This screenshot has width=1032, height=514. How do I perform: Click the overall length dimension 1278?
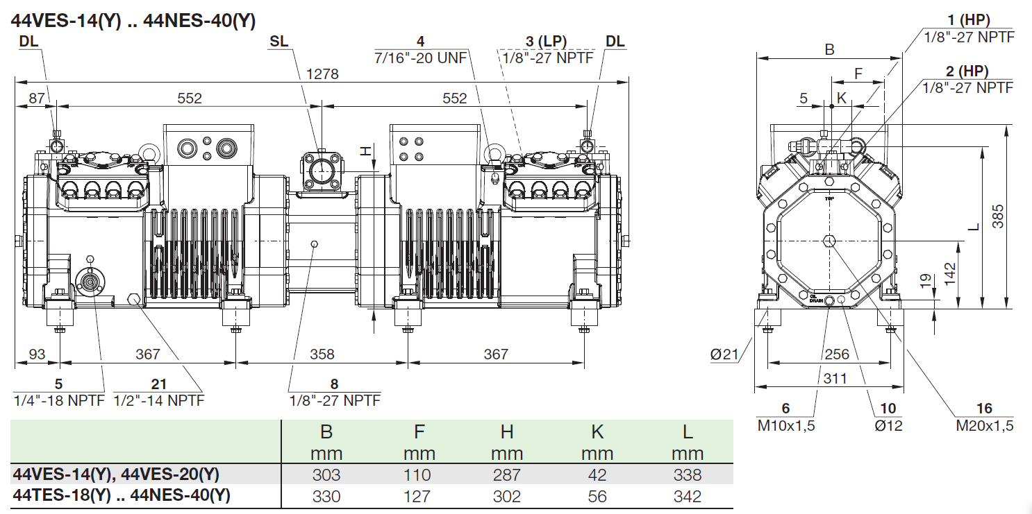[322, 74]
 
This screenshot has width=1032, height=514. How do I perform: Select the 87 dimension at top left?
[37, 98]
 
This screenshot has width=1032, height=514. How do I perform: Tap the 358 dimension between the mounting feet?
[322, 354]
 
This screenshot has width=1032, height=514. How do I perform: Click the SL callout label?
[278, 42]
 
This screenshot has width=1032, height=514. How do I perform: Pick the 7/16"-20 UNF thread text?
[421, 57]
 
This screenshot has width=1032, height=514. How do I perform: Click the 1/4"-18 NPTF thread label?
[59, 400]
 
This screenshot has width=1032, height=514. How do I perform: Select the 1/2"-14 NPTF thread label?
[159, 400]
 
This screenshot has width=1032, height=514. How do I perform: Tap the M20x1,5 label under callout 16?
[985, 425]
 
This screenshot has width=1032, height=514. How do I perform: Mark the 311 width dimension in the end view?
[835, 378]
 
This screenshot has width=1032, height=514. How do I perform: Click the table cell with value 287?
[507, 475]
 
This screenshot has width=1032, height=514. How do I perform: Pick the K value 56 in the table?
[597, 496]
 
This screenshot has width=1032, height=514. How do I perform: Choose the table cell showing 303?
[326, 475]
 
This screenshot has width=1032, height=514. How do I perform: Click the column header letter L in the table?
[688, 432]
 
